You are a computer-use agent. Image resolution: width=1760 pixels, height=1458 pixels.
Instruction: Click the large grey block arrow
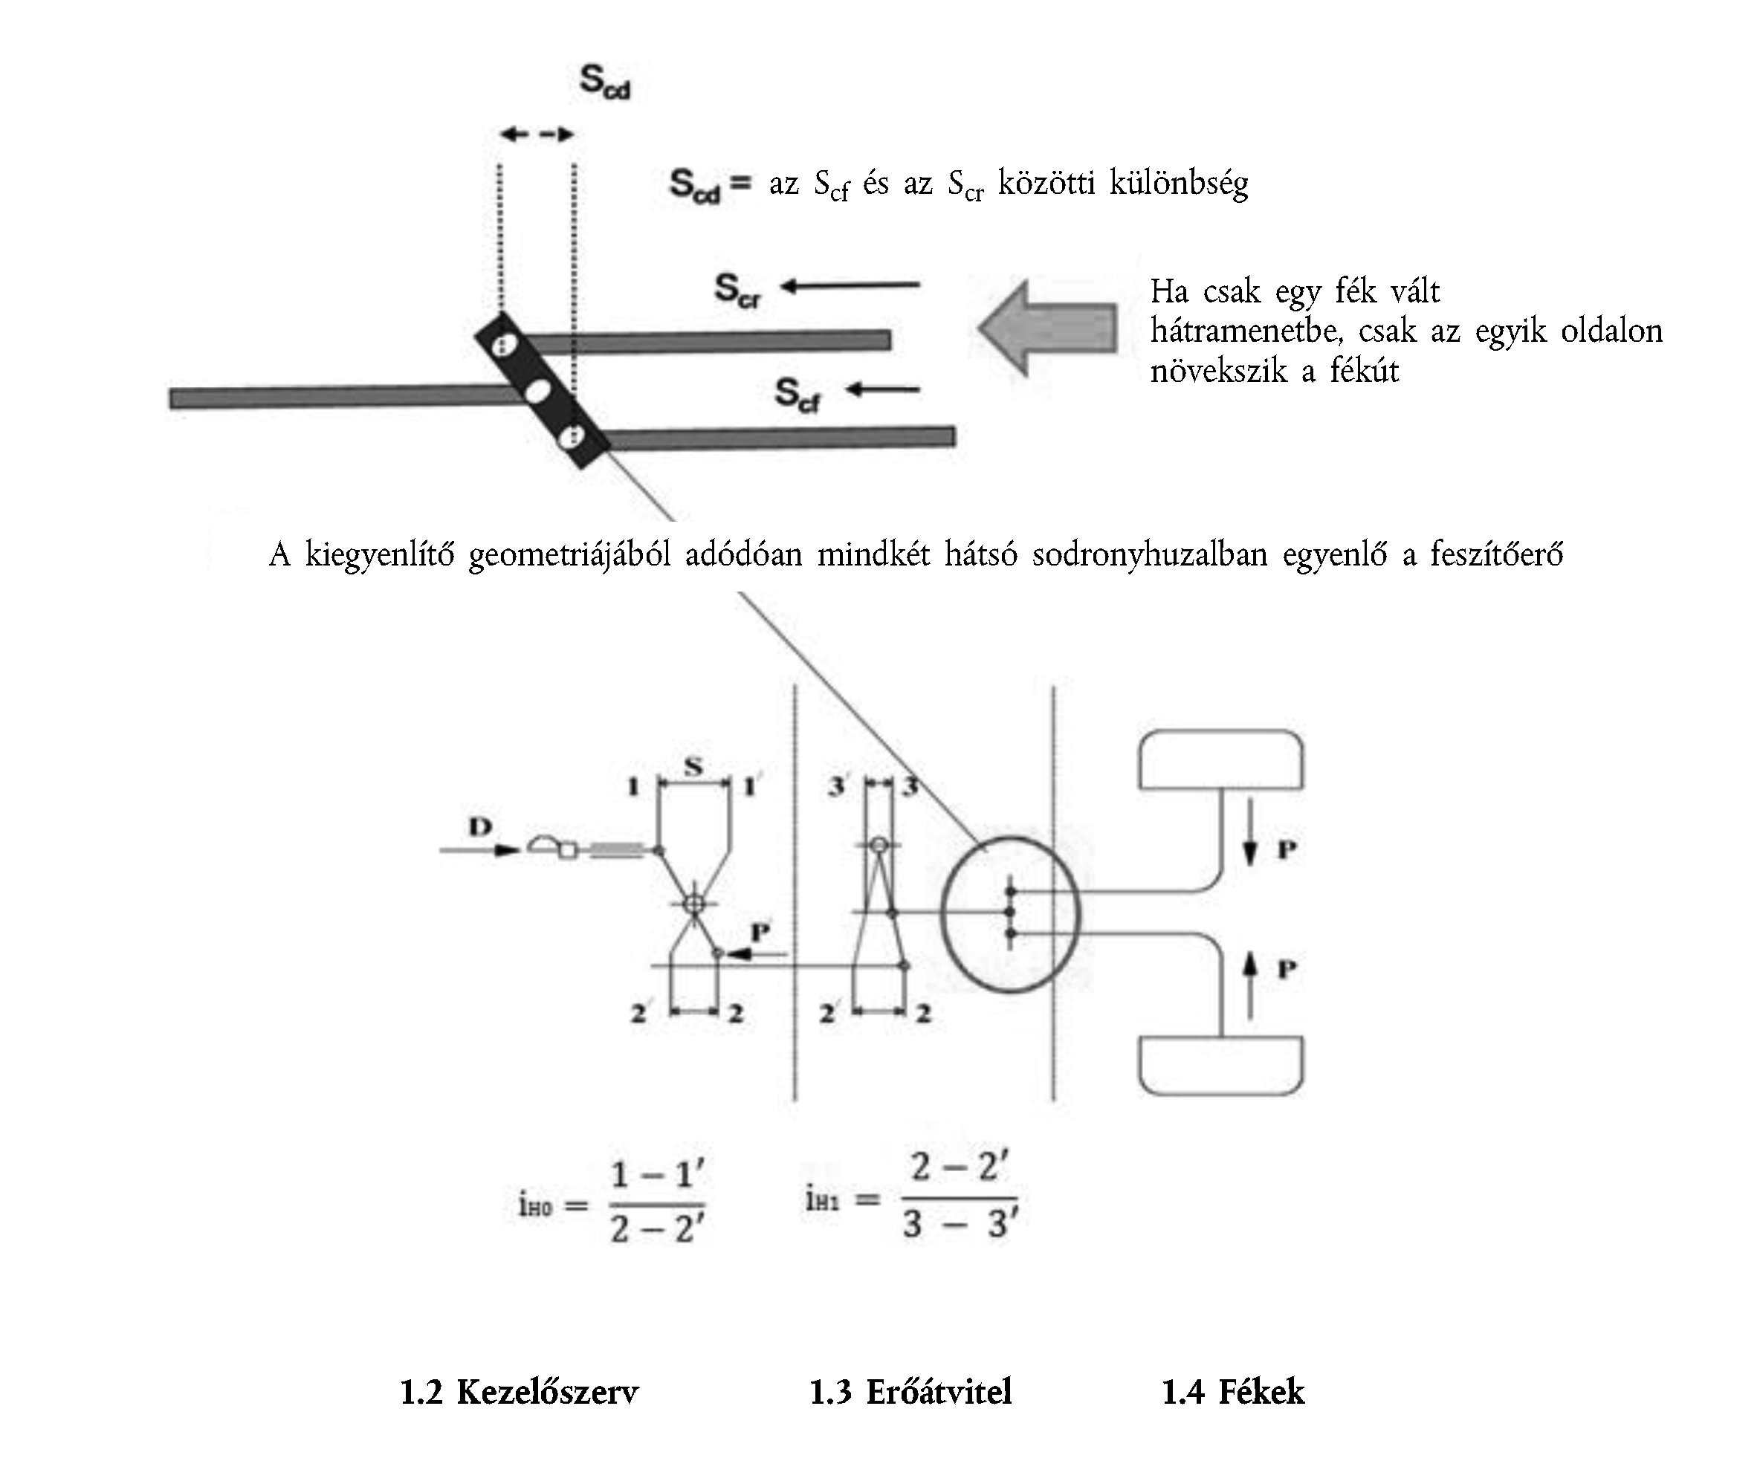pyautogui.click(x=1048, y=328)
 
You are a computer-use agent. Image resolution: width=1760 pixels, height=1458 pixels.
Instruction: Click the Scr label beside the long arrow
pyautogui.click(x=737, y=290)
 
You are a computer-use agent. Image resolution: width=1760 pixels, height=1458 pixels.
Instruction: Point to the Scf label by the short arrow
pyautogui.click(x=796, y=394)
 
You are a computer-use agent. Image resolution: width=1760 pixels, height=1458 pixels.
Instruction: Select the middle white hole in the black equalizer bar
pyautogui.click(x=537, y=390)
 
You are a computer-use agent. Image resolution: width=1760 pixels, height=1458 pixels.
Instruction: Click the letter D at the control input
pyautogui.click(x=480, y=827)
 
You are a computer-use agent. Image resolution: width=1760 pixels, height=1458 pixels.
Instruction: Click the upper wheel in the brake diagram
pyautogui.click(x=1220, y=760)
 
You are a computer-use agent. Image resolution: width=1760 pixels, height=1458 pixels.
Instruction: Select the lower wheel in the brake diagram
pyautogui.click(x=1220, y=1066)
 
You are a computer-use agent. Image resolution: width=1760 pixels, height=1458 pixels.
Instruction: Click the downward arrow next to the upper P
pyautogui.click(x=1249, y=843)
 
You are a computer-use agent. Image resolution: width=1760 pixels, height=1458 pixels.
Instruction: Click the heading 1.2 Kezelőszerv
pyautogui.click(x=519, y=1393)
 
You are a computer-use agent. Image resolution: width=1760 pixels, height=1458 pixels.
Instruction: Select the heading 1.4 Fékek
pyautogui.click(x=1232, y=1393)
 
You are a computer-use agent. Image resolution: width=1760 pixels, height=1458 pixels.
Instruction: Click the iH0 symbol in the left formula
pyautogui.click(x=534, y=1206)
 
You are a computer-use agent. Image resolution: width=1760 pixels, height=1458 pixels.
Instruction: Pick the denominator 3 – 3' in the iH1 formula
pyautogui.click(x=960, y=1223)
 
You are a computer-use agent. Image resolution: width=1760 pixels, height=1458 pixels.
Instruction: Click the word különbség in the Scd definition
pyautogui.click(x=1178, y=184)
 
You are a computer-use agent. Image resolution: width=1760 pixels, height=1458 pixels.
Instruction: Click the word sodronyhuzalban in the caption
pyautogui.click(x=1149, y=554)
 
